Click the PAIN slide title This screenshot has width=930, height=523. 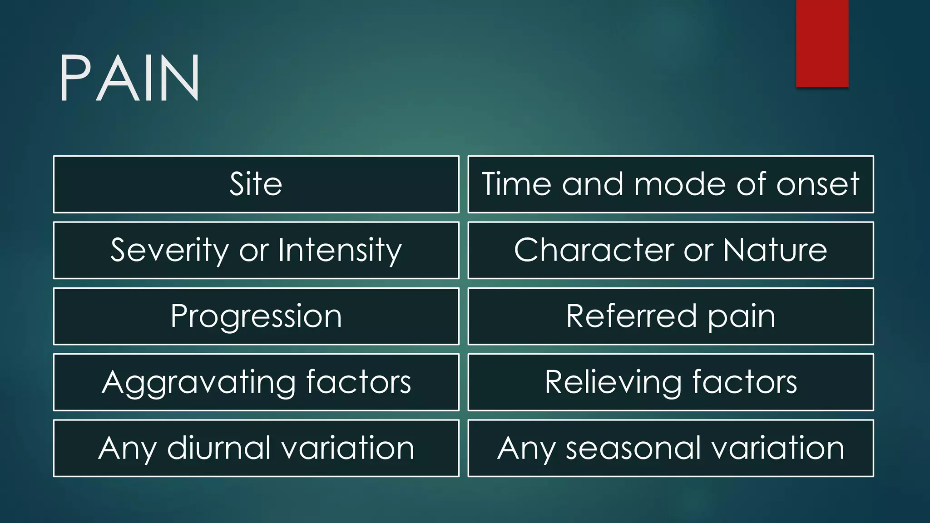129,78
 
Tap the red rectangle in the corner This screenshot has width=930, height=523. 822,43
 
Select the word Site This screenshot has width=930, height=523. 256,184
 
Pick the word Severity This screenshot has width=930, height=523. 169,250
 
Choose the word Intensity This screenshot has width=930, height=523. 340,250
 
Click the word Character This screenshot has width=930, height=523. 594,250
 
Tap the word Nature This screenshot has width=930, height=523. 775,250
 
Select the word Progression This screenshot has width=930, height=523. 256,316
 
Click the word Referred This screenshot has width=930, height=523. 631,316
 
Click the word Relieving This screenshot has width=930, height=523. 613,382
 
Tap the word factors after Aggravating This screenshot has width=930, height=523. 358,382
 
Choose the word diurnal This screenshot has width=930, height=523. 219,448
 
